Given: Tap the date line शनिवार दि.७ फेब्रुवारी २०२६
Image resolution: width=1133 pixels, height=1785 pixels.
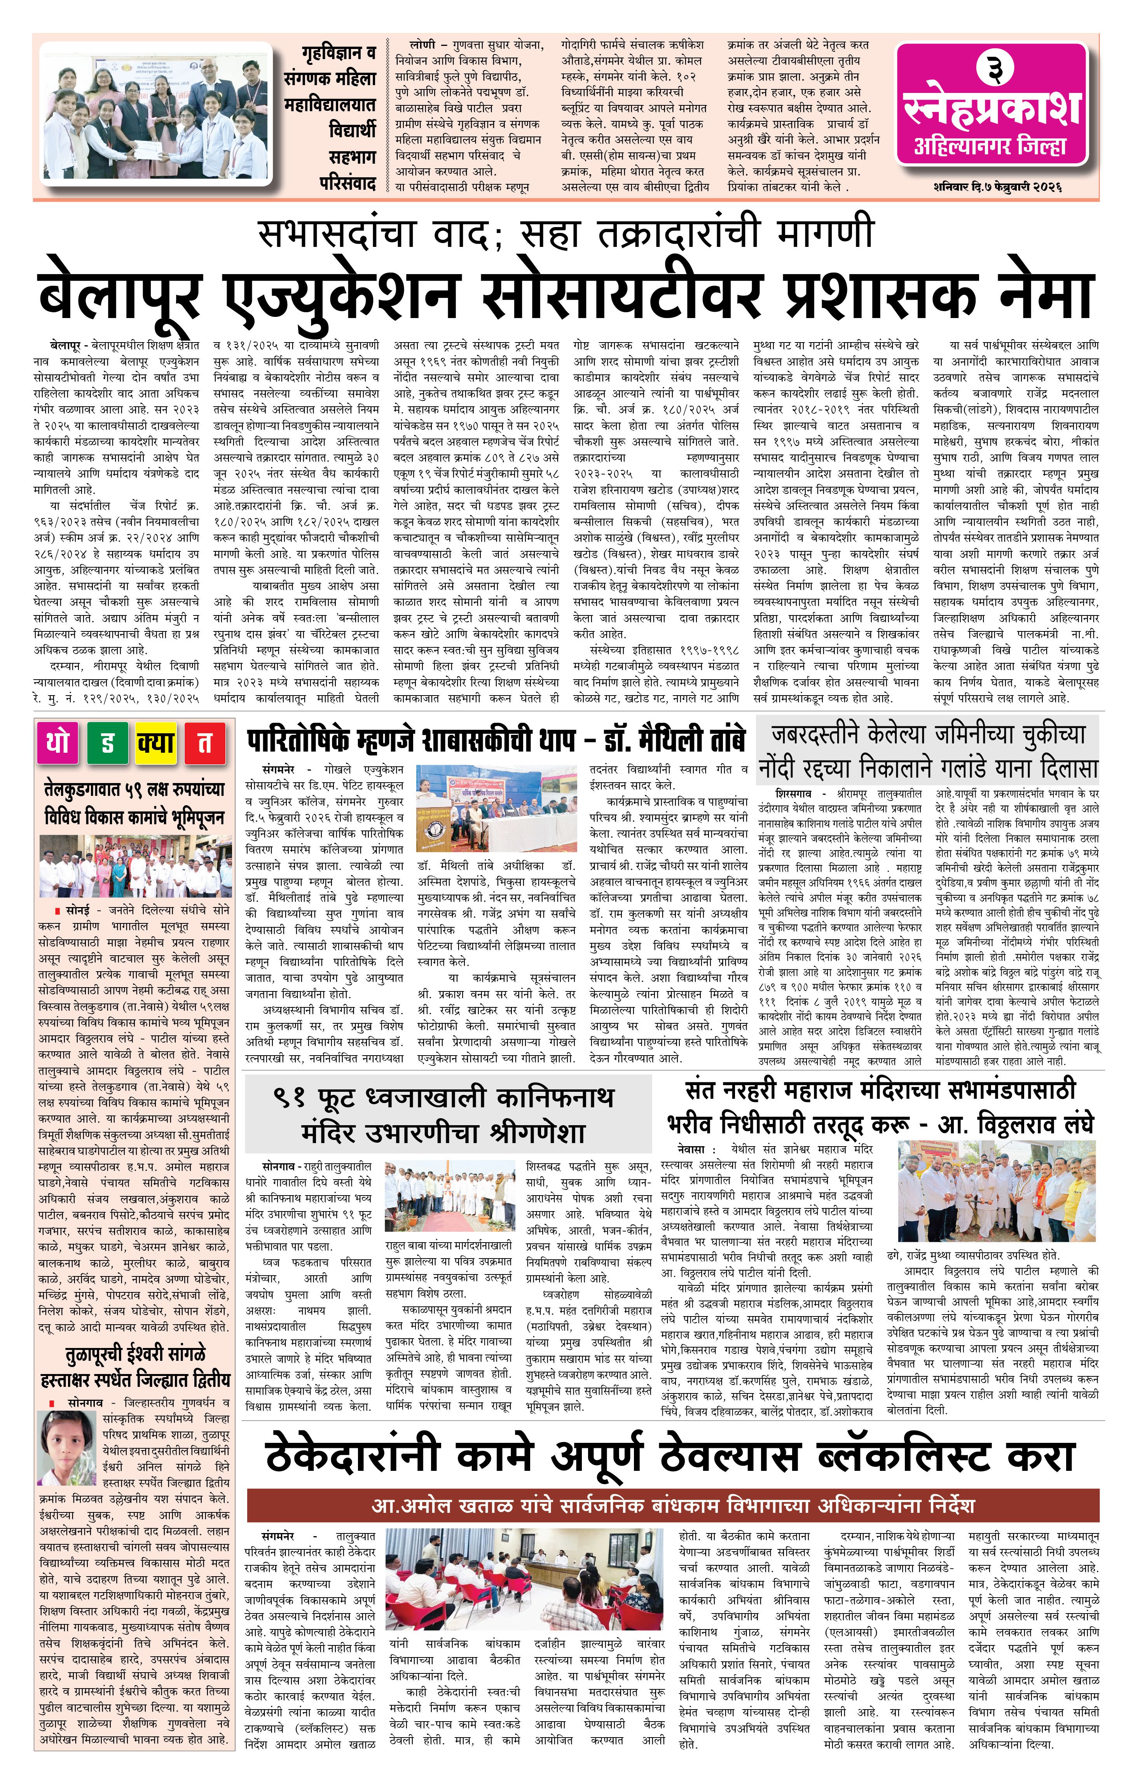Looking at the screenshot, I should point(997,187).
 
